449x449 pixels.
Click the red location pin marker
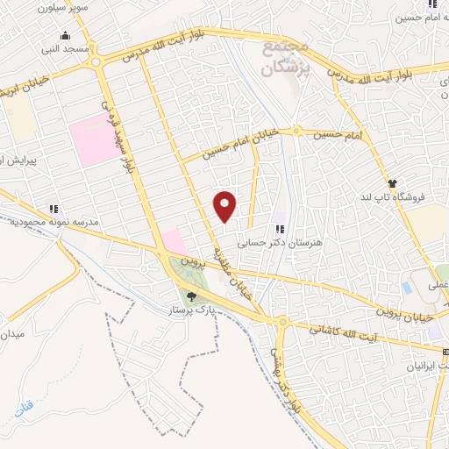(x=225, y=206)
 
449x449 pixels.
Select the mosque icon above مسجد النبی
(x=66, y=36)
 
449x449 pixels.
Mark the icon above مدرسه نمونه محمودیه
(x=53, y=208)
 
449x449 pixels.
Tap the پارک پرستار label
(x=192, y=310)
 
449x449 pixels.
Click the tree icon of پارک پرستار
(x=192, y=297)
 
